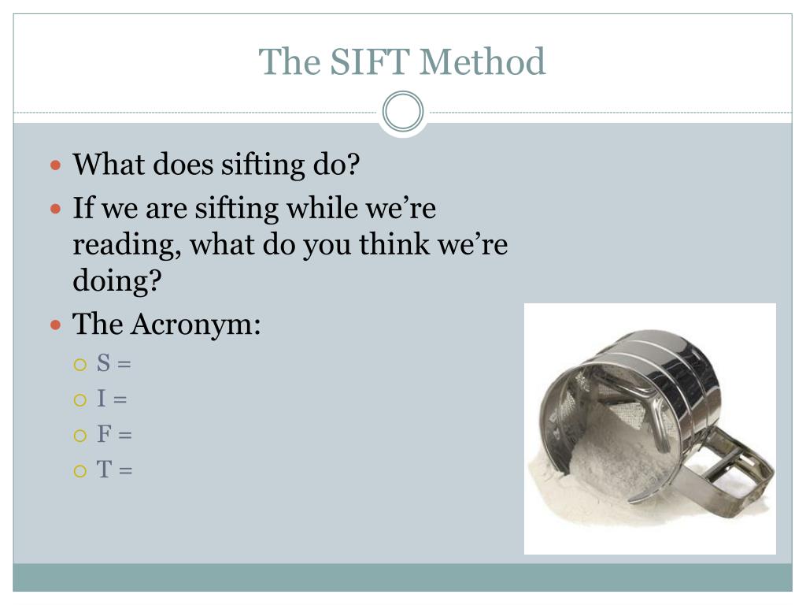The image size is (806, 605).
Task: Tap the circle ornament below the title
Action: click(403, 111)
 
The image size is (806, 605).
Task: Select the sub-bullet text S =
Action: click(113, 363)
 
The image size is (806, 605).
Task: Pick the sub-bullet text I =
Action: click(112, 399)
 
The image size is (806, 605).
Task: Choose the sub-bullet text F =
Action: click(114, 434)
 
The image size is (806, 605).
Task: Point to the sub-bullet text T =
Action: click(114, 470)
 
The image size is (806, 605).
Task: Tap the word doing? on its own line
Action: click(116, 281)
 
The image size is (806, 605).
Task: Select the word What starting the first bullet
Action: click(108, 165)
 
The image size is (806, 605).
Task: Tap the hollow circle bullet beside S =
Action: click(79, 365)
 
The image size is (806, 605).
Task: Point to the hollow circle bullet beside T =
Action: click(79, 471)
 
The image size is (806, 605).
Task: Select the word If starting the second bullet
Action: click(81, 209)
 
